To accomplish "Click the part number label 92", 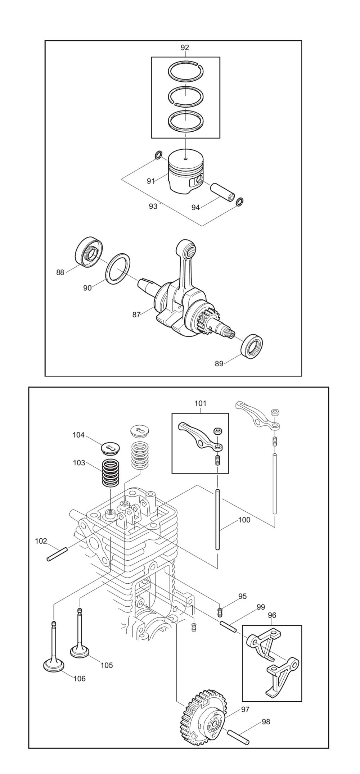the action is pyautogui.click(x=185, y=47).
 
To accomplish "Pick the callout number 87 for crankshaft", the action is pyautogui.click(x=136, y=315).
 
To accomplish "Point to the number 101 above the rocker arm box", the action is pyautogui.click(x=201, y=403).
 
